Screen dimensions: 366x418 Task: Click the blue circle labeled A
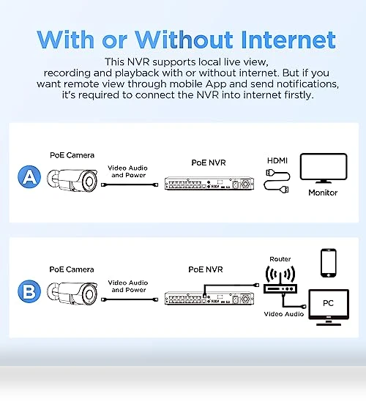click(x=29, y=176)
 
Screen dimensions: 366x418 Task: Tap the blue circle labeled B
click(x=29, y=291)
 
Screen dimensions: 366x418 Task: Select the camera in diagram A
click(x=72, y=181)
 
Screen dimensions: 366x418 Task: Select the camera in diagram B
click(x=72, y=294)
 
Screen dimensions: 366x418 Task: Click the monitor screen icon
click(x=324, y=168)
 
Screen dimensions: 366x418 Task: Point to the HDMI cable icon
click(x=277, y=182)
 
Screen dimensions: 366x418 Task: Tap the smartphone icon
click(x=329, y=263)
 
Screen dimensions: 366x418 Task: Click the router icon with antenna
click(x=280, y=280)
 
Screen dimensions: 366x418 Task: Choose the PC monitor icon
click(x=329, y=307)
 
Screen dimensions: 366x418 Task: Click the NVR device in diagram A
click(x=209, y=184)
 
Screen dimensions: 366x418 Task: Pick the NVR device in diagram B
click(x=209, y=298)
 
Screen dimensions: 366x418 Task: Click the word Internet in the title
click(x=288, y=40)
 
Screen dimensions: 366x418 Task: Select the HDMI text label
click(x=277, y=160)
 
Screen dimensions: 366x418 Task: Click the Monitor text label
click(x=323, y=193)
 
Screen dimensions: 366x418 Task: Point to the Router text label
click(x=280, y=259)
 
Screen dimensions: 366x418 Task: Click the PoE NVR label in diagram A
click(x=209, y=163)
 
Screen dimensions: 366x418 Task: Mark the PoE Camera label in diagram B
click(x=72, y=269)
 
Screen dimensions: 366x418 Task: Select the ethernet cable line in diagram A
click(x=130, y=184)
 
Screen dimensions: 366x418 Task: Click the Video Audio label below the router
click(x=284, y=314)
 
